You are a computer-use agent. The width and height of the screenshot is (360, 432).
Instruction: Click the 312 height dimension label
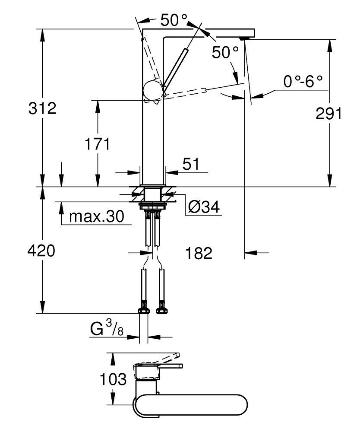pos(42,108)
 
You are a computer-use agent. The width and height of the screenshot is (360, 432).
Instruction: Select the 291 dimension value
pos(328,114)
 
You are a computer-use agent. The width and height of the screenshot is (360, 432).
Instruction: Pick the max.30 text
pos(96,216)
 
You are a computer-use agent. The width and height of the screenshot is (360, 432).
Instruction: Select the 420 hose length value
pos(41,251)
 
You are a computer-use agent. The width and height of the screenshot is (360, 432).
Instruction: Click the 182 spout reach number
pos(199,253)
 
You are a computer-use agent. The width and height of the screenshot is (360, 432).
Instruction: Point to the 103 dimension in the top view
pos(113,380)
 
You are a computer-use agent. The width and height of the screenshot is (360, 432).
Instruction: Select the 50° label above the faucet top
pos(174,19)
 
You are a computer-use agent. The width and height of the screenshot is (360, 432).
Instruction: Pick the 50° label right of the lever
pos(225,53)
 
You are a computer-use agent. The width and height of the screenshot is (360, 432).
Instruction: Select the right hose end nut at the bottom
pos(162,310)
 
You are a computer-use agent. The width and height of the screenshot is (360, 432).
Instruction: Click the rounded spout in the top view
pos(194,406)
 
